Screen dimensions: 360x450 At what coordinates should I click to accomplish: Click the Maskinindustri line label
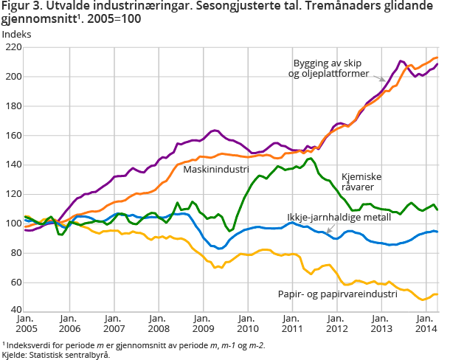coord(215,170)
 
